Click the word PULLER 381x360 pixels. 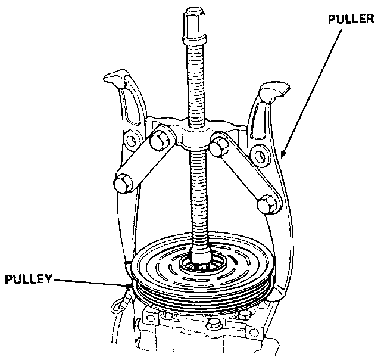click(x=351, y=19)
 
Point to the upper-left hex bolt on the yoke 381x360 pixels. click(x=159, y=141)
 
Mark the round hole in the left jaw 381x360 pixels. click(x=128, y=142)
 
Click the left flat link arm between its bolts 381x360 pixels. click(x=141, y=162)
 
